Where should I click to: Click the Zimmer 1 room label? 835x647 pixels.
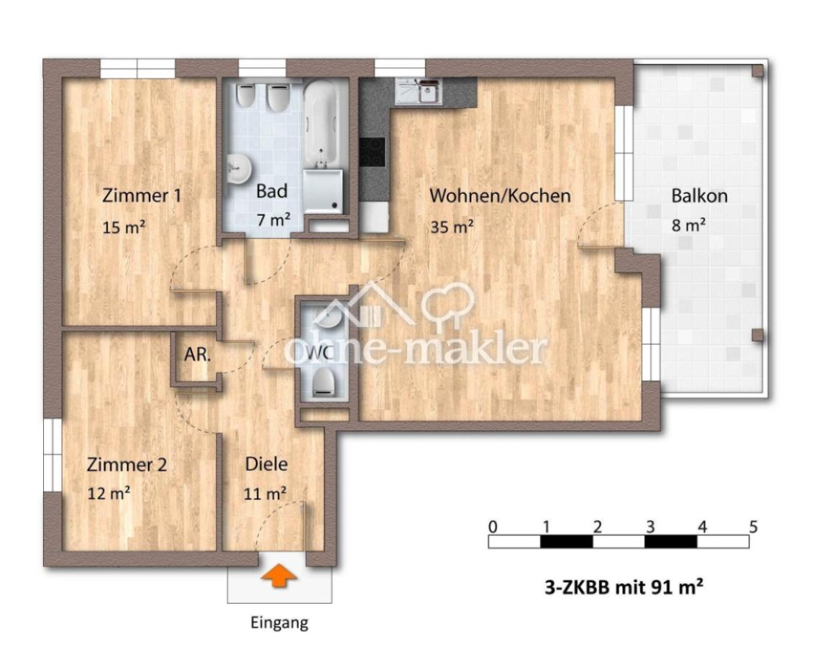(141, 196)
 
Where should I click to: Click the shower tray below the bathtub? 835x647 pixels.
(321, 191)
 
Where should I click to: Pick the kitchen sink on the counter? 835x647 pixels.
(430, 91)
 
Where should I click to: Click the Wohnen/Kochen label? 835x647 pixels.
(500, 196)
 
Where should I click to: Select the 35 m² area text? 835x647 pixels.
(452, 227)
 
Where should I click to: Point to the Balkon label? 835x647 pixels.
(699, 196)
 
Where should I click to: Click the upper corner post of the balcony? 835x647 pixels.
(757, 70)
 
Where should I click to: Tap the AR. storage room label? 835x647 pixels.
(196, 354)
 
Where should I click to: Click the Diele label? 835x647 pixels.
(266, 464)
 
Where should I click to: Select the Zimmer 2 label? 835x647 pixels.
(127, 465)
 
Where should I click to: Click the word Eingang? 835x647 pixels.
(279, 623)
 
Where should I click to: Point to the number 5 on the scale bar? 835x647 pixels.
(753, 526)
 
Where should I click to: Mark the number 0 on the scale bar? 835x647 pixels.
(492, 526)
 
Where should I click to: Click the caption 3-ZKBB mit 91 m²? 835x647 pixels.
(623, 587)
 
